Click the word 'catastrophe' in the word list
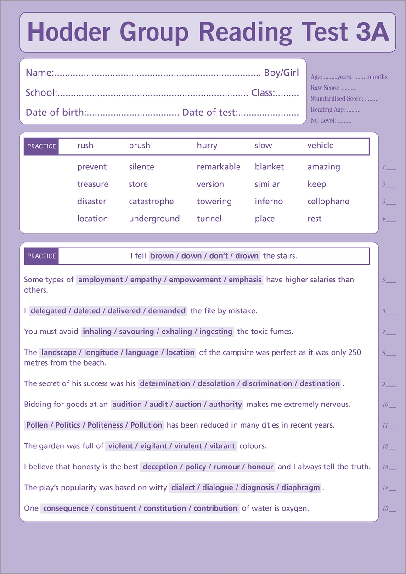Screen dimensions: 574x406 pyautogui.click(x=151, y=202)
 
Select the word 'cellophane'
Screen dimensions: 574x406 pyautogui.click(x=328, y=202)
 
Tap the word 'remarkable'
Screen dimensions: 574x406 pyautogui.click(x=219, y=167)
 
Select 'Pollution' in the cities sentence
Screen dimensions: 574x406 pyautogui.click(x=146, y=425)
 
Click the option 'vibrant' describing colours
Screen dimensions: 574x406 pyautogui.click(x=222, y=446)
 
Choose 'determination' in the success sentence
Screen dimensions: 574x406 pyautogui.click(x=165, y=383)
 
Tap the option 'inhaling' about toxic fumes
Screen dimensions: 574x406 pyautogui.click(x=98, y=332)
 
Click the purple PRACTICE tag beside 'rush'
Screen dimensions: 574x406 pyautogui.click(x=41, y=146)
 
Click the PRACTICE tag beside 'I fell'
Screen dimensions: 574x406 pyautogui.click(x=41, y=256)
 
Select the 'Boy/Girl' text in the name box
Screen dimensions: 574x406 pyautogui.click(x=281, y=73)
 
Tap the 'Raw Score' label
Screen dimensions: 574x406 pyautogui.click(x=325, y=88)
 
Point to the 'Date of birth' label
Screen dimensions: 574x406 pyautogui.click(x=55, y=113)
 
